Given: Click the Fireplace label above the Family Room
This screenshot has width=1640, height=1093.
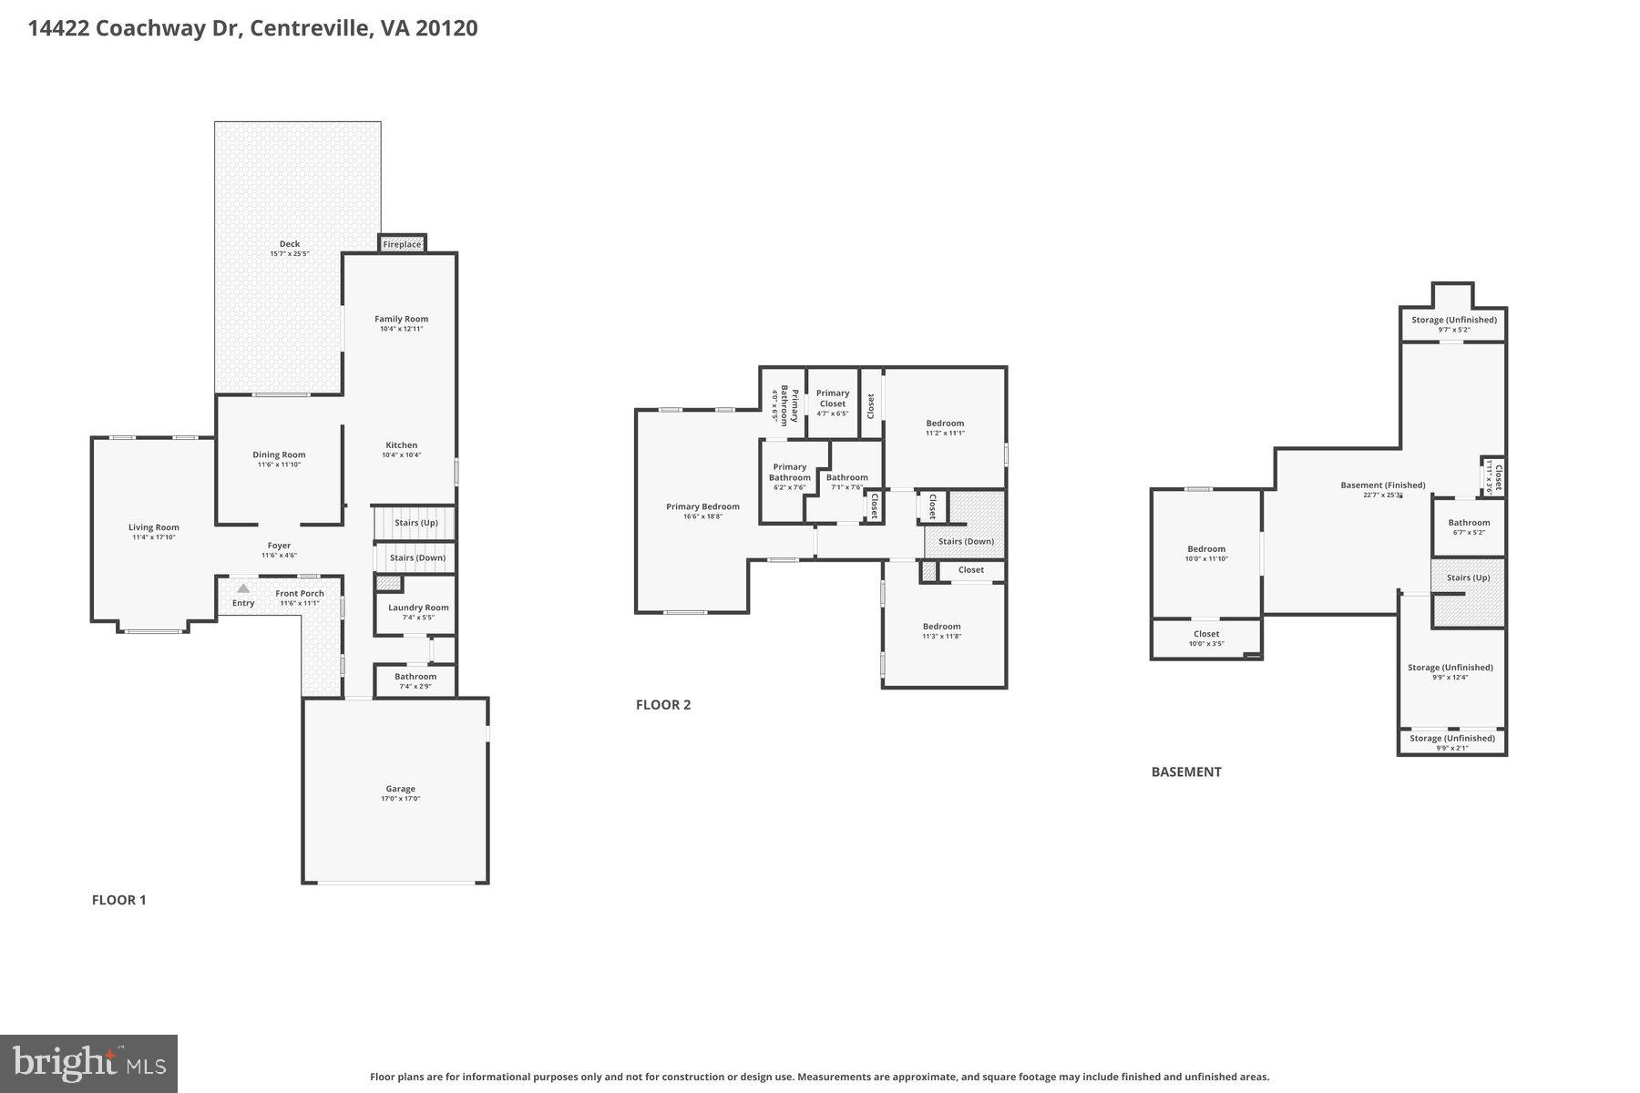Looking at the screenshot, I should [x=402, y=244].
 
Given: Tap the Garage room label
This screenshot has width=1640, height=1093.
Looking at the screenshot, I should [x=400, y=789].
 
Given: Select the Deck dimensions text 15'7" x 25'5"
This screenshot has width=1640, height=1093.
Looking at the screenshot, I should [x=289, y=254].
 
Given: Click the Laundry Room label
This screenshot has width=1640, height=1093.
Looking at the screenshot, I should [x=418, y=608].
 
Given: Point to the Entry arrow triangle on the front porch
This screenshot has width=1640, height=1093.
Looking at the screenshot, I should [x=243, y=589].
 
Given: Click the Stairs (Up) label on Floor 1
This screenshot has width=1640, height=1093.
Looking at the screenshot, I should [x=415, y=523].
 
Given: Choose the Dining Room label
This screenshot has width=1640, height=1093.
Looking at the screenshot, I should [x=279, y=455].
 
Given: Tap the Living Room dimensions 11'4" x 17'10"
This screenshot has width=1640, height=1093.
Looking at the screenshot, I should [x=153, y=537].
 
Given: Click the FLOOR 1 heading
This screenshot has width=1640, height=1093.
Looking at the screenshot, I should [x=118, y=900].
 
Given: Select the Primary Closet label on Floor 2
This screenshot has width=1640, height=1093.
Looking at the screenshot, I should [x=832, y=398].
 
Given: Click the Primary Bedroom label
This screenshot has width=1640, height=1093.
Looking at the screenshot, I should [x=702, y=506].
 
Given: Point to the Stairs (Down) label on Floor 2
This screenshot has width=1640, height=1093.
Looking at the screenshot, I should [x=966, y=541].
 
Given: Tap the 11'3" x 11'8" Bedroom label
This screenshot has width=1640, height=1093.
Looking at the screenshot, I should [x=941, y=627].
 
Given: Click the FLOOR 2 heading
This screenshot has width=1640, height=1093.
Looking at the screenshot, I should [x=663, y=704].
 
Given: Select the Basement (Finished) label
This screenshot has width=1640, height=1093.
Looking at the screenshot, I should [x=1382, y=485].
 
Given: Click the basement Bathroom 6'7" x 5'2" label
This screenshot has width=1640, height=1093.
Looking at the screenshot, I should [x=1469, y=523].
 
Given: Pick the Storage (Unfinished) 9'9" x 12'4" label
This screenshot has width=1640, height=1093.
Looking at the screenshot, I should [x=1450, y=668].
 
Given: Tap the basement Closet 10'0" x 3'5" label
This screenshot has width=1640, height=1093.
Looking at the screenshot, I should [x=1206, y=634].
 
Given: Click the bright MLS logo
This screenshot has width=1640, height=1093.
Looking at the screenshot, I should [x=88, y=1063].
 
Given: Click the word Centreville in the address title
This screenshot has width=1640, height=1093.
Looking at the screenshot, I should [x=310, y=28].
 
